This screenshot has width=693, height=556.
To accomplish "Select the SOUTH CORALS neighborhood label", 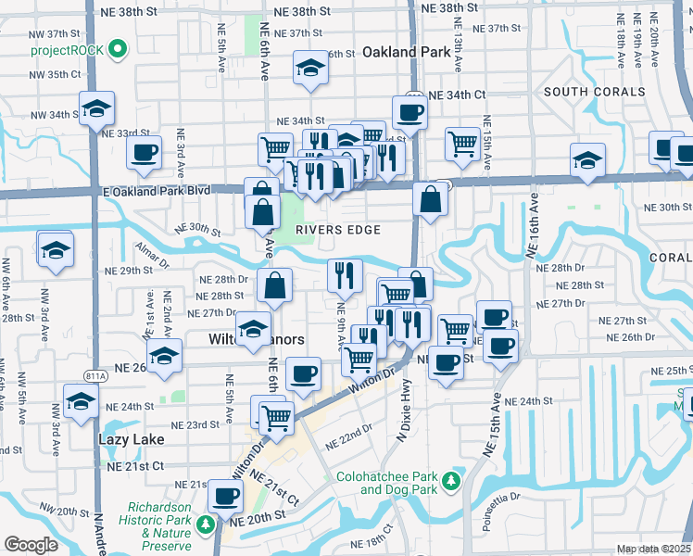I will click(x=594, y=92).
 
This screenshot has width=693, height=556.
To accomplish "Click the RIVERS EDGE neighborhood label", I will click(x=338, y=230).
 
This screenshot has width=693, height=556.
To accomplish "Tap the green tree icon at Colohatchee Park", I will click(x=450, y=482).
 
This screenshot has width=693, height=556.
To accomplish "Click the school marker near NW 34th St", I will click(x=96, y=108).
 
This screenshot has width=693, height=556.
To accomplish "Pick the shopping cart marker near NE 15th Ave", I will click(x=461, y=143).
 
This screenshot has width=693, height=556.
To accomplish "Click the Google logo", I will click(x=31, y=545).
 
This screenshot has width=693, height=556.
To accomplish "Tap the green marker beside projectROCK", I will click(x=118, y=49).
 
